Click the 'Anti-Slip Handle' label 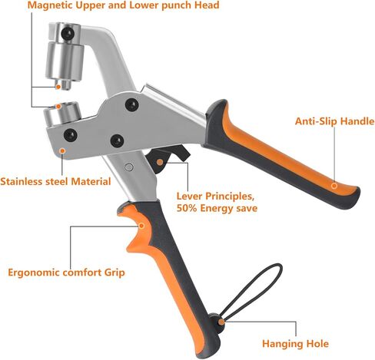334,121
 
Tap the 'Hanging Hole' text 295,344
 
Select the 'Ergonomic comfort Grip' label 66,272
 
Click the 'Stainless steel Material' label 55,181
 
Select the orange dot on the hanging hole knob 221,322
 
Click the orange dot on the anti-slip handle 334,186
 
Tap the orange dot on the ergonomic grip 141,226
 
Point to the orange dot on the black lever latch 160,162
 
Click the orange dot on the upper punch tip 58,87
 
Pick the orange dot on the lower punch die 58,106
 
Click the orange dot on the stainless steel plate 62,151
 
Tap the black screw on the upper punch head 68,33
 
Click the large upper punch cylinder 65,61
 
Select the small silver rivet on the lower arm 129,167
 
